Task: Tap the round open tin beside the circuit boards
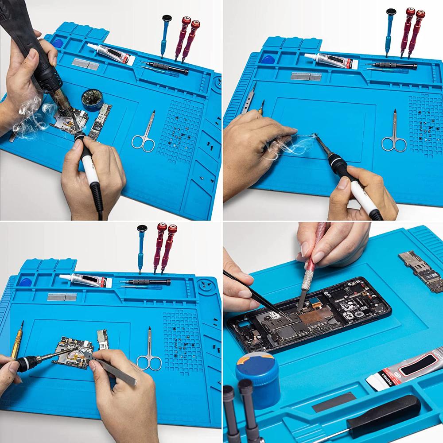click(x=93, y=99)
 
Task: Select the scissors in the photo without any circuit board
click(x=393, y=133)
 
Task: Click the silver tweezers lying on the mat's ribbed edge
click(x=250, y=100)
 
